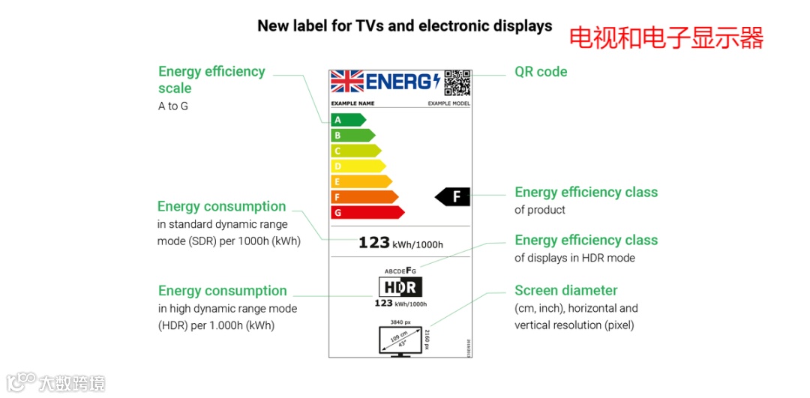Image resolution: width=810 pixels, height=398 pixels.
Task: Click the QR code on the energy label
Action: pyautogui.click(x=457, y=82)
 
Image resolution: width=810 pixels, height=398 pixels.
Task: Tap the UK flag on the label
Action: pyautogui.click(x=347, y=81)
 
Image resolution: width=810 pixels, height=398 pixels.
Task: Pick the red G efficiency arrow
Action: pyautogui.click(x=367, y=212)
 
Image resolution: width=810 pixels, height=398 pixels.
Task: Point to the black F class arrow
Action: pyautogui.click(x=453, y=196)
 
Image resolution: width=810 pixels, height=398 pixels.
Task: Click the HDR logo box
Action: pyautogui.click(x=400, y=287)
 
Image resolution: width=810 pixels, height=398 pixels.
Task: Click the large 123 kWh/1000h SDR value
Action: pyautogui.click(x=400, y=243)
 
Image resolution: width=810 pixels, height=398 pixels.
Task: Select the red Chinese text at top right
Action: pyautogui.click(x=666, y=37)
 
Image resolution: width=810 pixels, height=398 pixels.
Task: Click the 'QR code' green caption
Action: pyautogui.click(x=541, y=72)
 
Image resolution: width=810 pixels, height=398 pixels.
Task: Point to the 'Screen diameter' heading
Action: pyautogui.click(x=565, y=290)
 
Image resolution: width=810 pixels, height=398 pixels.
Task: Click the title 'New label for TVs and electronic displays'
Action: pyautogui.click(x=404, y=26)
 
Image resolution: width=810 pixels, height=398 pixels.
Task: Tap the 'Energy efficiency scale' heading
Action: pyautogui.click(x=211, y=79)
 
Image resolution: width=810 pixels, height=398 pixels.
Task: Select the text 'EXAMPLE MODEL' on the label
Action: pyautogui.click(x=448, y=103)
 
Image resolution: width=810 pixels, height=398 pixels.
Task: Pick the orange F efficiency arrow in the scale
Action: pyautogui.click(x=364, y=197)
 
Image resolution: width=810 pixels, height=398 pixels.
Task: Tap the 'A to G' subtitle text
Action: pyautogui.click(x=173, y=106)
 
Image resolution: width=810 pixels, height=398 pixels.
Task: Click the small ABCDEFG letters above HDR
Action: pyautogui.click(x=400, y=270)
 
